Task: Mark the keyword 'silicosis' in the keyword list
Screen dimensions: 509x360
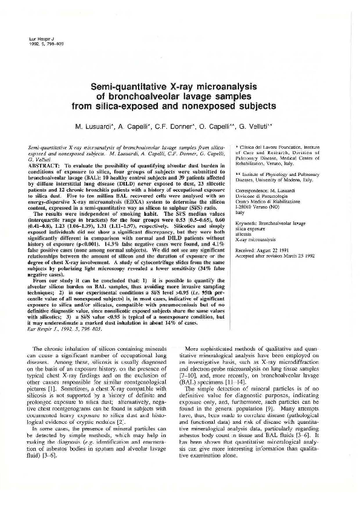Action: click(x=244, y=233)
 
